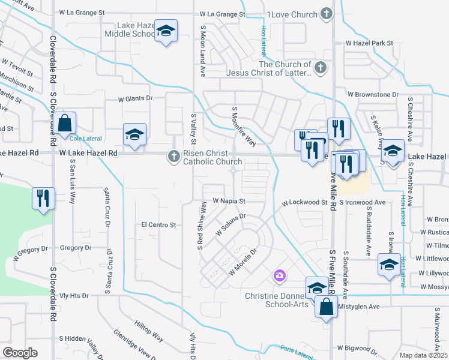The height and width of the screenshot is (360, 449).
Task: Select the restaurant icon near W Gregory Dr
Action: click(x=43, y=199)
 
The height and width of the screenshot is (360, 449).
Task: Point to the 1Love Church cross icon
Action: click(x=326, y=14)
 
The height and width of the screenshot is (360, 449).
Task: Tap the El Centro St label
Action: click(x=158, y=225)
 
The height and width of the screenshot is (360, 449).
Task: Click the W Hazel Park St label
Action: click(x=369, y=44)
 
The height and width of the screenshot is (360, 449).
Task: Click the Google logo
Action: click(x=20, y=353)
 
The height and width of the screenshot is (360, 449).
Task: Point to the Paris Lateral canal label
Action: click(x=296, y=352)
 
